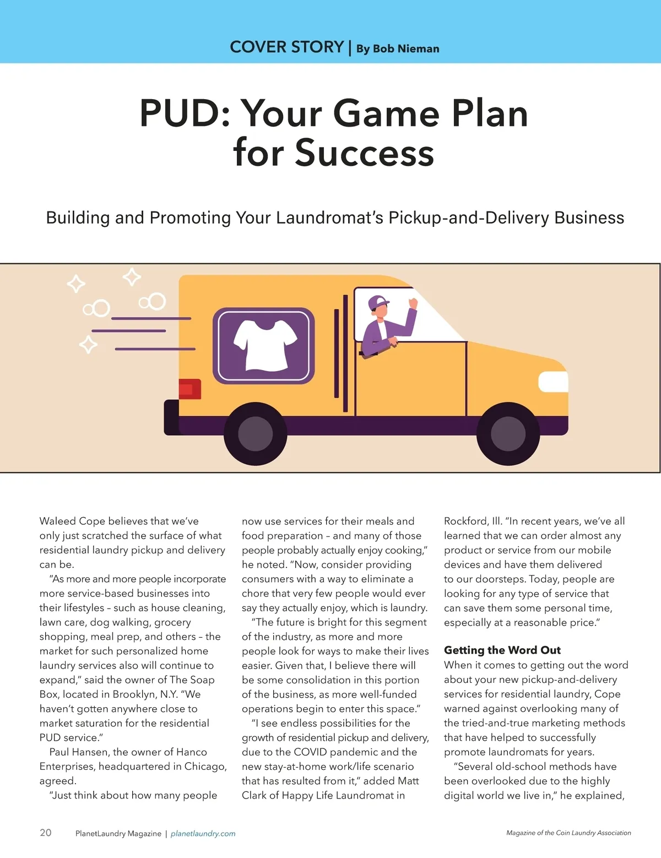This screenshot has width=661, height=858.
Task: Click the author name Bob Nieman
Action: click(x=406, y=48)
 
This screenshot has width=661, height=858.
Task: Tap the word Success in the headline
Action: click(x=364, y=153)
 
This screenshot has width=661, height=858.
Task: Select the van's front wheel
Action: click(x=507, y=433)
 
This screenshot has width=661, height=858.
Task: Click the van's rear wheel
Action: click(x=255, y=433)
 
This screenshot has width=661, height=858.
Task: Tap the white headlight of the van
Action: click(x=552, y=382)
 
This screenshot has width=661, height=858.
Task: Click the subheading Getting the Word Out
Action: click(x=502, y=650)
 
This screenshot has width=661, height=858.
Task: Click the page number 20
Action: click(x=46, y=832)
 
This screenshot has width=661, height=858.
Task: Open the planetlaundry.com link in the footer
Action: click(x=203, y=833)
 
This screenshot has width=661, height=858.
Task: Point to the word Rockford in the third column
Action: click(x=465, y=521)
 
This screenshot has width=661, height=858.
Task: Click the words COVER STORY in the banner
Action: click(x=286, y=47)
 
